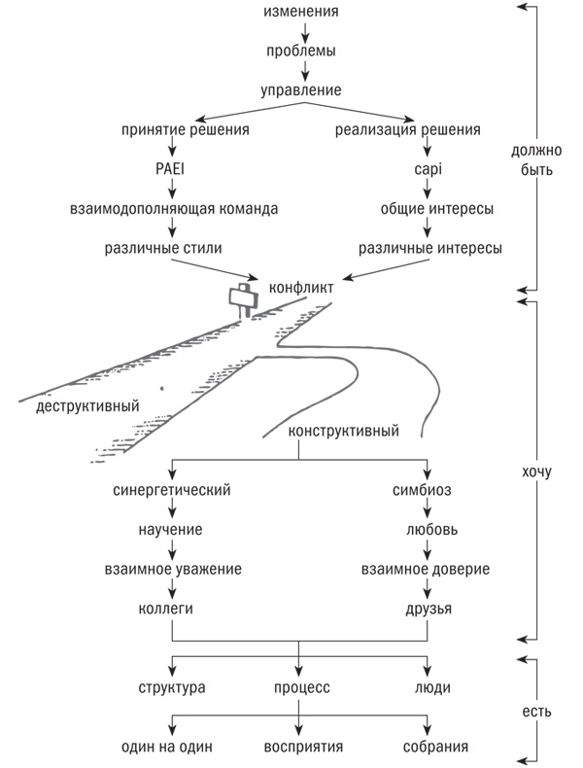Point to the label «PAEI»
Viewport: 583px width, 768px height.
point(172,169)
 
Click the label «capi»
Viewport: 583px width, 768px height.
point(428,169)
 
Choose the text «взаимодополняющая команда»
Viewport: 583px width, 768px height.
point(173,208)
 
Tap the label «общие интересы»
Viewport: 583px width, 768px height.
point(428,208)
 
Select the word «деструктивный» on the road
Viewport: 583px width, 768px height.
point(86,404)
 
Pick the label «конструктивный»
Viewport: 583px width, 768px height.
point(344,432)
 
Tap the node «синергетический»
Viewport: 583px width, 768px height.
point(172,490)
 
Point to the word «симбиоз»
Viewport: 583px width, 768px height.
point(428,490)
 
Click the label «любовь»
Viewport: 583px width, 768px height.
point(428,530)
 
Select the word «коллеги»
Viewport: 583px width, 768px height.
point(172,609)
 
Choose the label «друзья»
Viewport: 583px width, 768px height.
point(428,609)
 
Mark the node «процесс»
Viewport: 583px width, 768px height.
point(299,687)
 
